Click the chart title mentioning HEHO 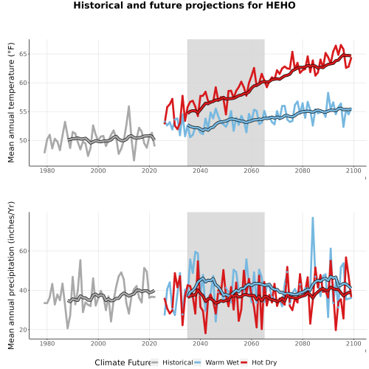184,5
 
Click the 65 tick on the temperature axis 23,54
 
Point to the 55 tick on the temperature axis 23,111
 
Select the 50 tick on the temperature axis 23,140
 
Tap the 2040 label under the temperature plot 200,170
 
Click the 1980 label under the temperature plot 47,170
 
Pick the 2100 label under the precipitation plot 354,343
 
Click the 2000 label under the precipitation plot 98,343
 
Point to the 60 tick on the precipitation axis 23,251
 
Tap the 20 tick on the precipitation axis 23,330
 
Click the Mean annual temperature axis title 11,103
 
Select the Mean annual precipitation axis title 11,275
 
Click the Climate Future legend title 123,362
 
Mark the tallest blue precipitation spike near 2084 313,218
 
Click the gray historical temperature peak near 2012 128,106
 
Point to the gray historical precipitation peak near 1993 80,260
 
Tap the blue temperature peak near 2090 328,93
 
